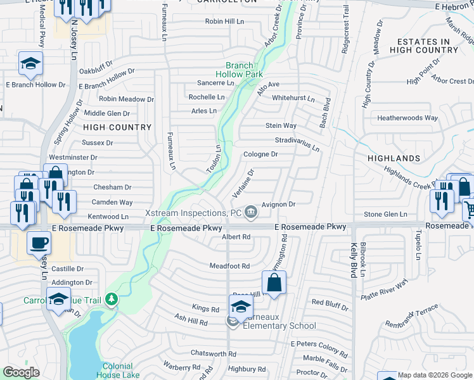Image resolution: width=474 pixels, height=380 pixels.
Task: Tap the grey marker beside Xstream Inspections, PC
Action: click(x=252, y=212)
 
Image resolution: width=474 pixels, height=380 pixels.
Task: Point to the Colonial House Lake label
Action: click(x=118, y=370)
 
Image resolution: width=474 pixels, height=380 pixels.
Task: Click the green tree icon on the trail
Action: click(x=112, y=298)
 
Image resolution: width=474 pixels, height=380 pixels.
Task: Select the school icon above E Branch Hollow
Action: click(x=30, y=63)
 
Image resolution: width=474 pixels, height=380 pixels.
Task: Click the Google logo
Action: click(x=22, y=372)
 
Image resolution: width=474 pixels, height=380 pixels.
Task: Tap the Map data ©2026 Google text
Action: click(x=435, y=375)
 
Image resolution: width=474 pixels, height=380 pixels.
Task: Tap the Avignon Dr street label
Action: click(x=279, y=205)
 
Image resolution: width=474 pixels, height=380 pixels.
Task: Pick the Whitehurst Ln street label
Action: click(x=293, y=99)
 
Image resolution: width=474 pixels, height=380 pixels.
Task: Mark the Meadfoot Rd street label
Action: click(x=229, y=266)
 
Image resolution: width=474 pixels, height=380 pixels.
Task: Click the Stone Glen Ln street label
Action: click(x=385, y=215)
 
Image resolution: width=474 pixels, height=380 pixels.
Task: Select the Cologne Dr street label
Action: click(x=260, y=154)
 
